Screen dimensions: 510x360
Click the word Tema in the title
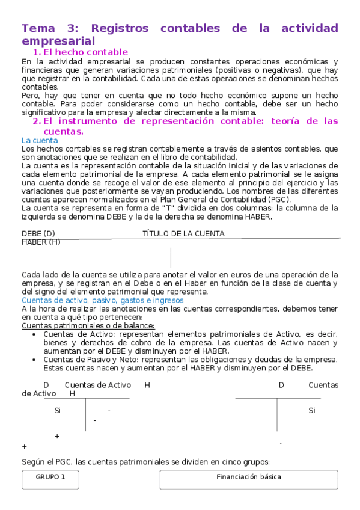click(38, 28)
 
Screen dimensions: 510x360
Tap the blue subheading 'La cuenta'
click(39, 140)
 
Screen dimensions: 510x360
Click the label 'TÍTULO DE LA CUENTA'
click(183, 233)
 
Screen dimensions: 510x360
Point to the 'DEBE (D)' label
click(38, 233)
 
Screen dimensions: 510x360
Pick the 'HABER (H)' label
click(41, 242)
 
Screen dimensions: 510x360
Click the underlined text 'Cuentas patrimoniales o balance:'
click(88, 325)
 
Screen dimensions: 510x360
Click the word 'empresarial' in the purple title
click(58, 41)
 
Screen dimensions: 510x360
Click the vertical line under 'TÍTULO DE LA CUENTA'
click(171, 257)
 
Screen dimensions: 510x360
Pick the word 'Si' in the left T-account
click(58, 411)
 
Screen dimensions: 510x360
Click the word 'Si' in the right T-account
click(312, 411)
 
